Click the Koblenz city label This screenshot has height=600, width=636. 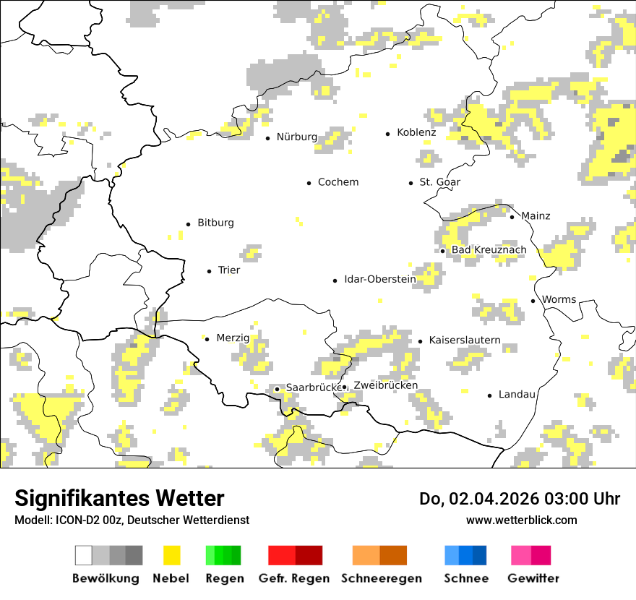coord(416,132)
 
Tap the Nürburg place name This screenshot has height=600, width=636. coord(296,137)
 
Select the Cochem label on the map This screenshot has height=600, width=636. coord(338,182)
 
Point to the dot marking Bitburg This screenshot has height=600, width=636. coord(189,224)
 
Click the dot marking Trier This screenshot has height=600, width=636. coord(210,271)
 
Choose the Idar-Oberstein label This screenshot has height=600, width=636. coord(379,279)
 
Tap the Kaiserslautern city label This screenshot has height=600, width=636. coord(464,340)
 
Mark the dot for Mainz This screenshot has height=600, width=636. coord(512,217)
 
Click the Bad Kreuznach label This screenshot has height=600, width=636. coord(489,249)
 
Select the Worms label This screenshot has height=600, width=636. coord(559,299)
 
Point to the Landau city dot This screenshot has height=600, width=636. coord(490,395)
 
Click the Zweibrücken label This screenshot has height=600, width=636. coord(385,385)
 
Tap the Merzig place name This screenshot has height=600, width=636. coord(232,338)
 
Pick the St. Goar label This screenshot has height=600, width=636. coord(439,182)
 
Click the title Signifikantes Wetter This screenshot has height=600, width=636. coord(119,498)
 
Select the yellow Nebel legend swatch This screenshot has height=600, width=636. coord(171,555)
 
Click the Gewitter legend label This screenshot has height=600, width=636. coord(533,578)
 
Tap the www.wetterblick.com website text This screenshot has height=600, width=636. coord(521,520)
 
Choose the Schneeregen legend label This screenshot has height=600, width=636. coord(381,578)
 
